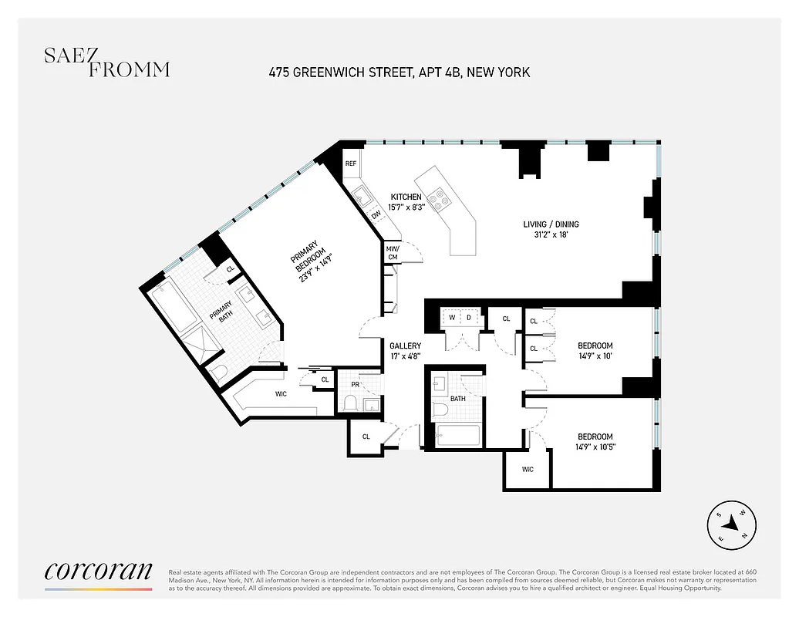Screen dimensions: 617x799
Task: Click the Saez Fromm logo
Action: tap(106, 62)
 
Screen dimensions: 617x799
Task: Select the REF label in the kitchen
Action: tap(351, 164)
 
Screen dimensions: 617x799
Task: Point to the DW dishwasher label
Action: tap(376, 215)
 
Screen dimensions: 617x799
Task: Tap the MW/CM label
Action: tap(393, 252)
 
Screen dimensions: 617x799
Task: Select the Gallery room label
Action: tap(404, 346)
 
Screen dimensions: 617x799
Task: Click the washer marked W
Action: tap(452, 318)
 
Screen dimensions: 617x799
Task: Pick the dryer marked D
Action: tap(469, 318)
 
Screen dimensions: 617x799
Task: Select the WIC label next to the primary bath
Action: tap(281, 394)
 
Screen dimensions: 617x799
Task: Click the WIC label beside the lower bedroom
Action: tap(528, 469)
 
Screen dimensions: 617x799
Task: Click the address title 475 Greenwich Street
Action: tap(399, 72)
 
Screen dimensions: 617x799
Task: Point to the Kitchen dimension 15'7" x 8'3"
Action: tap(405, 207)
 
